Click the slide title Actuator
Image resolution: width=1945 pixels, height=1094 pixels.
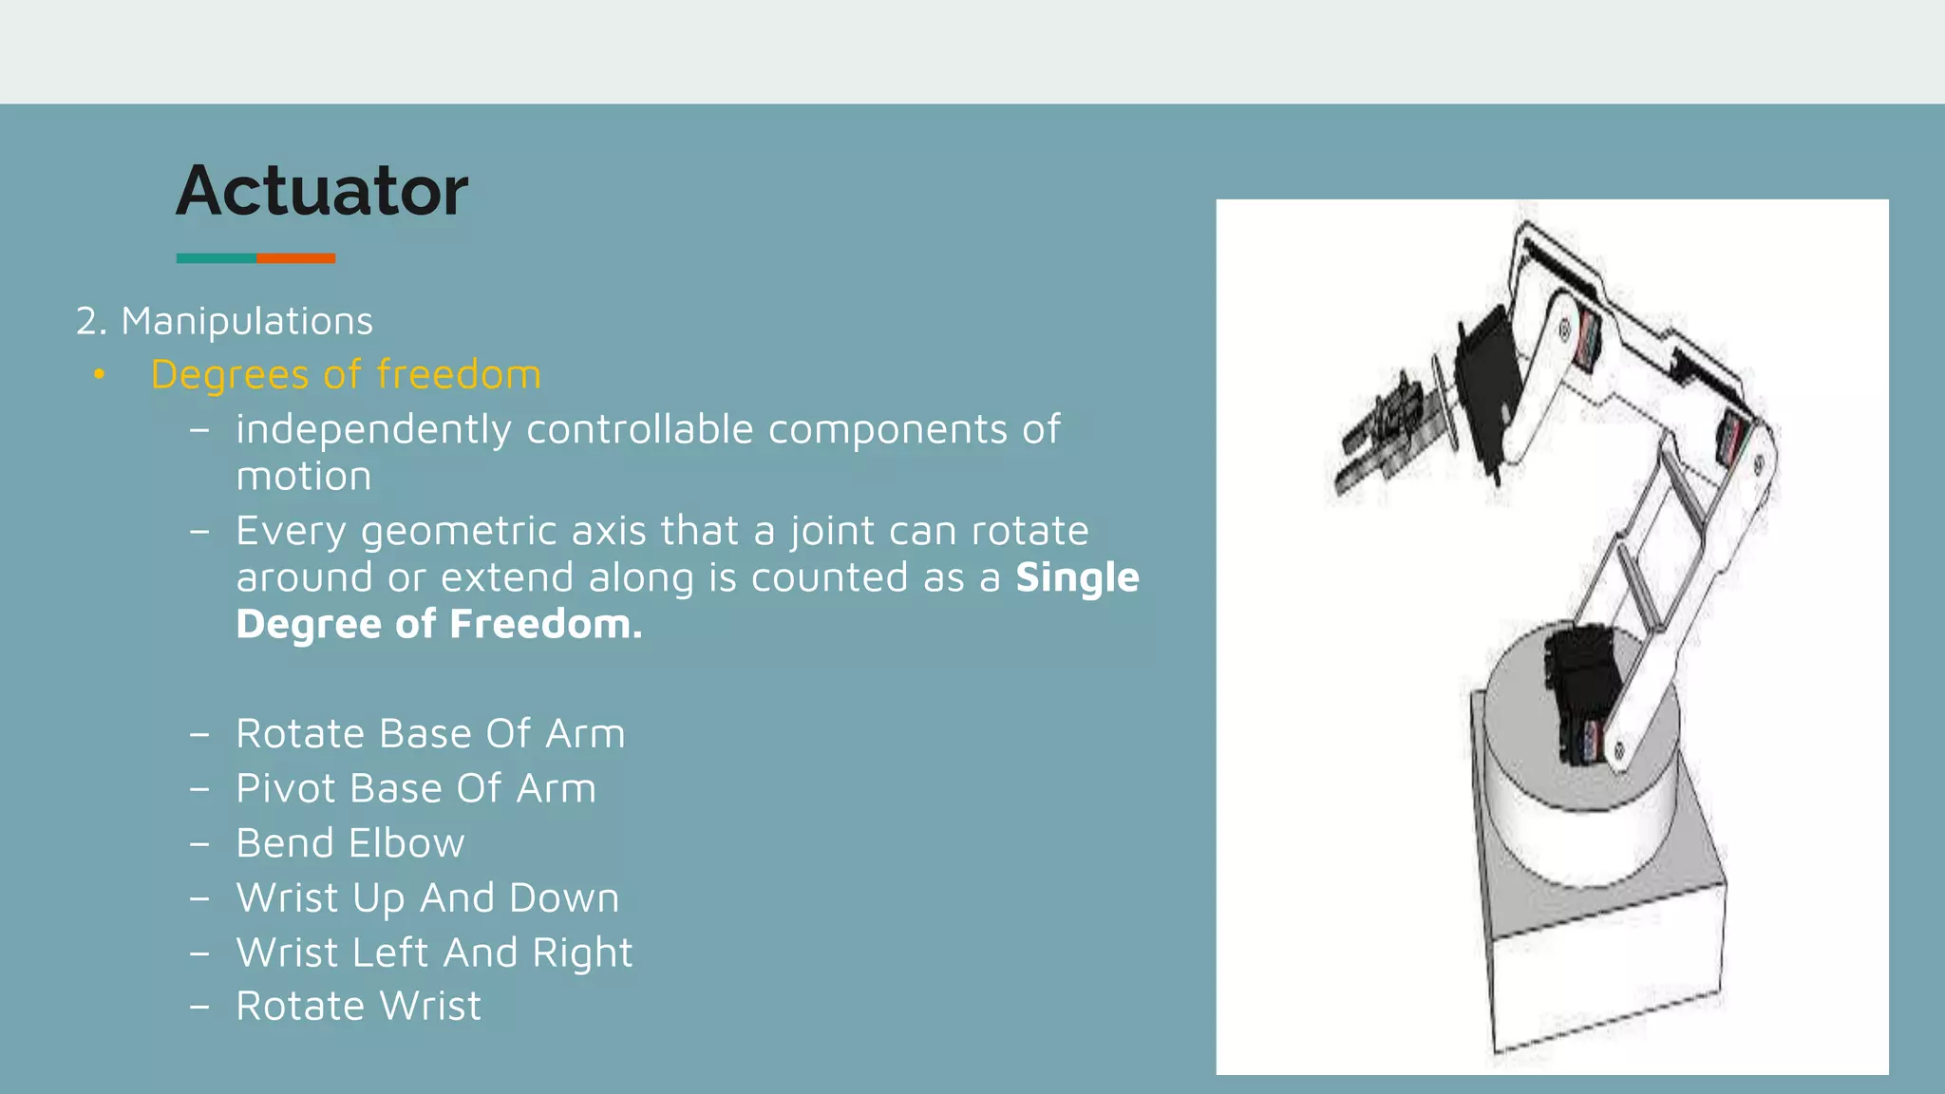(322, 191)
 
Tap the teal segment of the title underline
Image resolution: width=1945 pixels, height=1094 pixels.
(216, 258)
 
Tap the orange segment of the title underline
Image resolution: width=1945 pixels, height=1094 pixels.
(296, 258)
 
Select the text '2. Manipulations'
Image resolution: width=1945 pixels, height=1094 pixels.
(224, 321)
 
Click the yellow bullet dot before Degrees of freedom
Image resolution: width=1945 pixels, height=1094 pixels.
(99, 375)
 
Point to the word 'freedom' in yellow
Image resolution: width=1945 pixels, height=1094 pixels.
(459, 374)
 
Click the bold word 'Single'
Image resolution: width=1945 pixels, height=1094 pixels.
(1077, 577)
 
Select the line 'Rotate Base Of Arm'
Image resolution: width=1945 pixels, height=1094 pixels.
(430, 733)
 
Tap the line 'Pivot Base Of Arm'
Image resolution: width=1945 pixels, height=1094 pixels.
(416, 788)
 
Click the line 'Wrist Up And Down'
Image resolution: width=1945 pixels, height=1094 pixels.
(427, 897)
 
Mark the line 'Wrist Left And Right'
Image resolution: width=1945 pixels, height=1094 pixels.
(434, 953)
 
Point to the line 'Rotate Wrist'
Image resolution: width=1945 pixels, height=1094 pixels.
(358, 1006)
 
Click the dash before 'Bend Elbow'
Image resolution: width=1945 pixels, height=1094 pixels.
(199, 843)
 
